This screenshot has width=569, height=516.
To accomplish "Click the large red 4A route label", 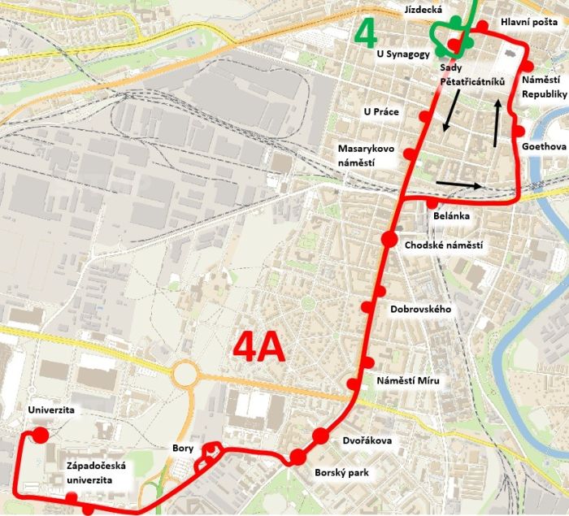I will [x=259, y=348].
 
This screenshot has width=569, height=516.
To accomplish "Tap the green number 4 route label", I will [x=367, y=33].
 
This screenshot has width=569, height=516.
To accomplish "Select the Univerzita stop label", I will [x=50, y=410].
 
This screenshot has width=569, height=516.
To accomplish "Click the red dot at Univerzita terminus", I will [x=39, y=436].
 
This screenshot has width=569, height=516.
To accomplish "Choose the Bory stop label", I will [x=183, y=448].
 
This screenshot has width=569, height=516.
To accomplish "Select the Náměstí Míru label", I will [x=408, y=380].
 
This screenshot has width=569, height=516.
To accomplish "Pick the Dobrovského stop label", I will [x=420, y=310].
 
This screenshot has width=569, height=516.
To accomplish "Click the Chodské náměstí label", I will [x=443, y=245].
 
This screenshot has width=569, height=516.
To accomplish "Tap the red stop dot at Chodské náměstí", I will [x=389, y=239].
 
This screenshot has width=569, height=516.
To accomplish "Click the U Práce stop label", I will [x=381, y=111].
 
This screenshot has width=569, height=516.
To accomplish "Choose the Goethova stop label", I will [x=545, y=147].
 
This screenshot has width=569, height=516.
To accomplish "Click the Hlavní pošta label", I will [x=528, y=23].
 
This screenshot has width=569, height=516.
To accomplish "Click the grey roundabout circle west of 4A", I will [x=185, y=374].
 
